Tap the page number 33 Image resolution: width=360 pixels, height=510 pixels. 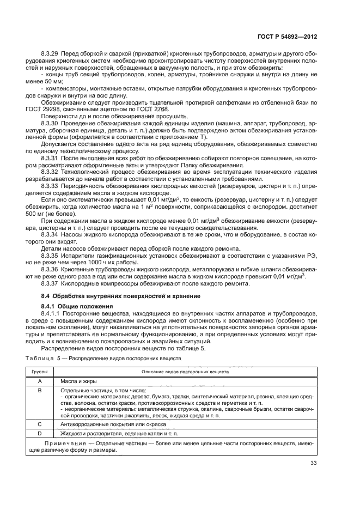click(x=313, y=464)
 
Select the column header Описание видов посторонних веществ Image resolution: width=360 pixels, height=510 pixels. click(x=185, y=371)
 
